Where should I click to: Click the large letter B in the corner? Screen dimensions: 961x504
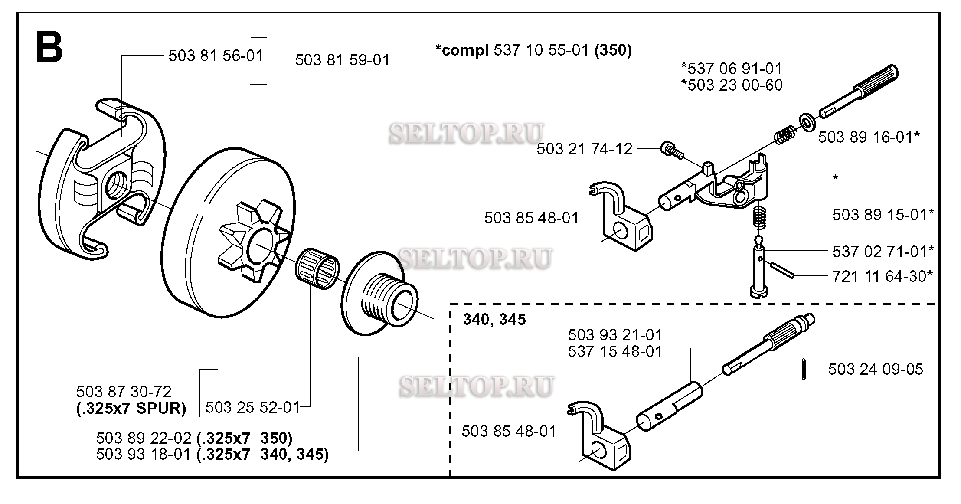point(49,47)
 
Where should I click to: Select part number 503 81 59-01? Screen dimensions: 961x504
point(343,60)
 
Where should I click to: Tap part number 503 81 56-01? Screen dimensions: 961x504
point(216,56)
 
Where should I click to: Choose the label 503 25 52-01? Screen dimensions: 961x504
point(252,407)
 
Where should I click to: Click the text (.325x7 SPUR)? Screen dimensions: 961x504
point(131,409)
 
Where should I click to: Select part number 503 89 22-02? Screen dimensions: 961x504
point(144,438)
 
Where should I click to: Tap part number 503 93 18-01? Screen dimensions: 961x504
point(144,454)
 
